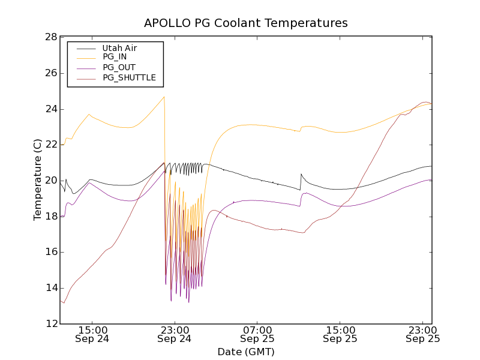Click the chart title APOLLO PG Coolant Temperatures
click(x=245, y=23)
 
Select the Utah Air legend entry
click(x=120, y=48)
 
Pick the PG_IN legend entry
click(x=115, y=57)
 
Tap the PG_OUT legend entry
click(x=119, y=67)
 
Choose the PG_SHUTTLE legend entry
click(x=129, y=77)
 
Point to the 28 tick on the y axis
click(x=51, y=37)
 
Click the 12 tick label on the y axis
click(x=51, y=324)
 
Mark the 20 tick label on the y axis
click(x=51, y=181)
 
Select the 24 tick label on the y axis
click(x=51, y=109)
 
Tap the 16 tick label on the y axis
click(x=51, y=253)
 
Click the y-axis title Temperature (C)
click(x=38, y=180)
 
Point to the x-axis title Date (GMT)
click(x=245, y=352)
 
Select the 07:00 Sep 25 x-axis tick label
click(x=257, y=334)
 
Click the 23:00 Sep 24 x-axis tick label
click(x=175, y=334)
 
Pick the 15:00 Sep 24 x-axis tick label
click(x=92, y=334)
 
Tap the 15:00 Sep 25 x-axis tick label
click(x=340, y=334)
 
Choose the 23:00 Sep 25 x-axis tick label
click(x=423, y=334)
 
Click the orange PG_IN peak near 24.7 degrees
click(x=164, y=97)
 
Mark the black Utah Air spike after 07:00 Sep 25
click(x=301, y=174)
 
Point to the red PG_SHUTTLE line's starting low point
click(x=64, y=302)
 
